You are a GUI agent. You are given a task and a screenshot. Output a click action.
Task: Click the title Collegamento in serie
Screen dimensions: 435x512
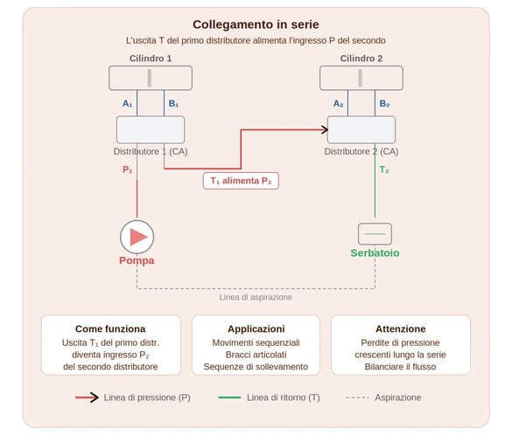click(256, 24)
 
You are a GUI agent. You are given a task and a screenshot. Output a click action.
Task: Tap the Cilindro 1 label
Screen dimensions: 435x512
click(151, 59)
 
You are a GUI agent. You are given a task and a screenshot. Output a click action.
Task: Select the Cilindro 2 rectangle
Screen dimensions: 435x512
click(361, 78)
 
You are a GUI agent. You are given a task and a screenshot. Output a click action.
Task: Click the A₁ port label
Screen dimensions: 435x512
click(128, 103)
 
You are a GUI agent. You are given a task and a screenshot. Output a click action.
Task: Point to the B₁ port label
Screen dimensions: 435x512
click(173, 103)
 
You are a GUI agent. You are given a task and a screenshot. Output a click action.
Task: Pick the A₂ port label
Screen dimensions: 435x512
click(339, 103)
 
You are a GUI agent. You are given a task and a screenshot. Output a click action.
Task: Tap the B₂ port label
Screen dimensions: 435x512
click(384, 103)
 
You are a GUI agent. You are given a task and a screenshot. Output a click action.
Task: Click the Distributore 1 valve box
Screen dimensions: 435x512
click(151, 129)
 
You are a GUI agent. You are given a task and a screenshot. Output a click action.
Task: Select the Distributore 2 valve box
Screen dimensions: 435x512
click(361, 129)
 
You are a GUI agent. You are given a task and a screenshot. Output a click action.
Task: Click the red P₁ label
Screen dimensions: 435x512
click(128, 169)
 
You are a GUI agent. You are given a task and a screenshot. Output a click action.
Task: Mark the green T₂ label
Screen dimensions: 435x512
click(384, 169)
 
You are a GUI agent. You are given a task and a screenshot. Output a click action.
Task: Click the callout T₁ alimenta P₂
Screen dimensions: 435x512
click(241, 181)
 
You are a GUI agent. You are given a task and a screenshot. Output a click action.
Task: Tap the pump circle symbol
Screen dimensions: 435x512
click(137, 236)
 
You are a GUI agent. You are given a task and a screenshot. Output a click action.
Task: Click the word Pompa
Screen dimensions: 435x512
click(137, 260)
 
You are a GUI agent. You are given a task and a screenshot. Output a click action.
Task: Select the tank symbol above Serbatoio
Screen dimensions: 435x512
click(375, 234)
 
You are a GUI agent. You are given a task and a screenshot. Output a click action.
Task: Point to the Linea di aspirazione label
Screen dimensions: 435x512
click(256, 297)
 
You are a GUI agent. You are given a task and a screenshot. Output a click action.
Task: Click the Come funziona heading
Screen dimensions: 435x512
click(110, 329)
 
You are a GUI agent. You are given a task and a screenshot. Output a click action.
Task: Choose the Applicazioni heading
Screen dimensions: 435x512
click(256, 329)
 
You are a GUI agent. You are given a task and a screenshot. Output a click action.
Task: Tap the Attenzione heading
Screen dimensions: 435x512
click(399, 329)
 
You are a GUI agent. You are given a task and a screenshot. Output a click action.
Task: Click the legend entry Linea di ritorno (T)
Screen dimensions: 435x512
click(283, 397)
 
